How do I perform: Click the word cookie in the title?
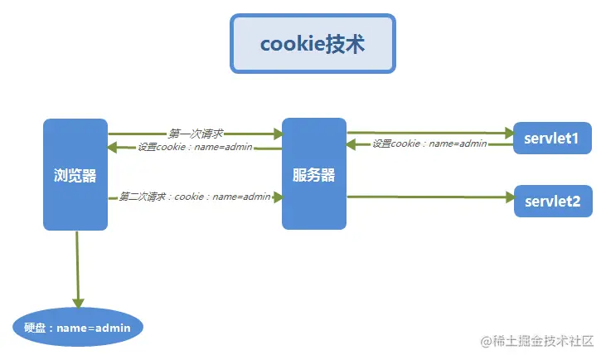pos(291,44)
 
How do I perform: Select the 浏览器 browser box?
pos(75,175)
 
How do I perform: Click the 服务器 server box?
pos(314,175)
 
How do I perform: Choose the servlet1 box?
pos(552,139)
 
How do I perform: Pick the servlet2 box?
pos(552,201)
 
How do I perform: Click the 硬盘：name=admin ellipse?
pos(78,328)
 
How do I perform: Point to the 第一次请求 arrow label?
pos(196,133)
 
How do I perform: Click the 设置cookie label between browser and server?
pos(195,148)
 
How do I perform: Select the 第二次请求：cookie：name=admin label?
pos(195,197)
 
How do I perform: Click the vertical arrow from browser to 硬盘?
pos(78,265)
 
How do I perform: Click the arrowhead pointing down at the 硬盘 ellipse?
pos(79,303)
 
